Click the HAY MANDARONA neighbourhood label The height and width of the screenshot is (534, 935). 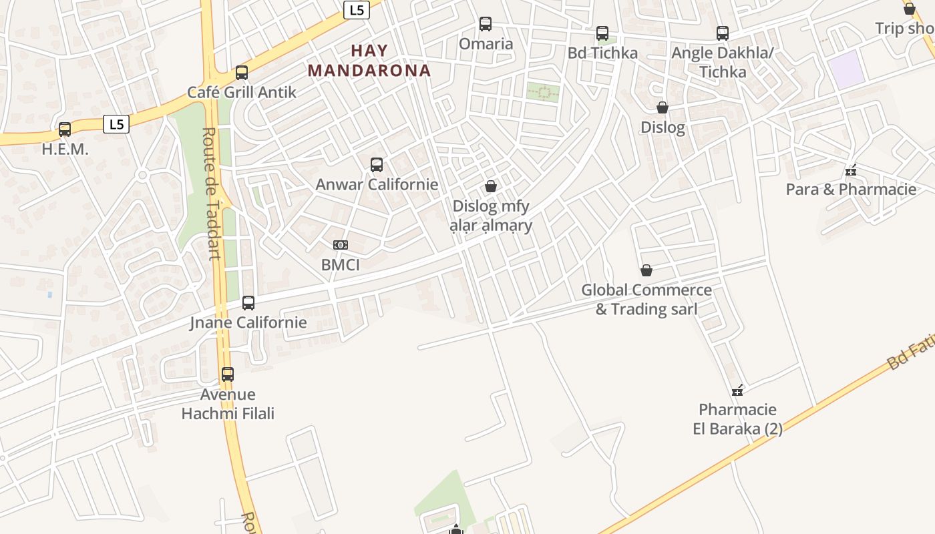(369, 60)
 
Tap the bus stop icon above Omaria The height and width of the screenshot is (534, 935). (486, 24)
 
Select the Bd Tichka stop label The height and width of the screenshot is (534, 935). (602, 53)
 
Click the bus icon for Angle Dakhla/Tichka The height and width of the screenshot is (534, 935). (722, 33)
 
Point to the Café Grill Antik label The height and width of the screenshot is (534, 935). (241, 92)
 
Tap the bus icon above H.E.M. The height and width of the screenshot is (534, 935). (65, 129)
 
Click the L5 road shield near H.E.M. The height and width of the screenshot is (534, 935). (116, 124)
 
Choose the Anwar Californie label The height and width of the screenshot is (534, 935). (377, 184)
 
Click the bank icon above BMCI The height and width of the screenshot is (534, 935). (341, 245)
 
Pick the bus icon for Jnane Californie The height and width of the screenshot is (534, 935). (248, 302)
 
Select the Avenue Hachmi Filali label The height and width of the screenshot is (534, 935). (228, 404)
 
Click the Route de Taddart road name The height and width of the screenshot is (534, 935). (211, 194)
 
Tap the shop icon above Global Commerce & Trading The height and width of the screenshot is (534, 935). (646, 270)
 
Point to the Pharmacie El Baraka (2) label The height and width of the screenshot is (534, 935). (737, 419)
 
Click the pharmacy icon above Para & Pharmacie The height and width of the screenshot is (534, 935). (850, 171)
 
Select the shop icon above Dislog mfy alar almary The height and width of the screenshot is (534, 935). (491, 186)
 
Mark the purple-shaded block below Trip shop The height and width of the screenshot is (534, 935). (846, 69)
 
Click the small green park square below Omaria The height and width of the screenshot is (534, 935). (542, 92)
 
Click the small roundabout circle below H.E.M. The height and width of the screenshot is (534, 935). (142, 175)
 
